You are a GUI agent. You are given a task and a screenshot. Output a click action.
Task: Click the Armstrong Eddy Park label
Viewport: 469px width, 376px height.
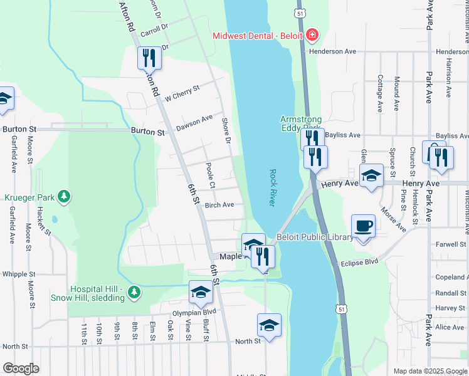[300, 123]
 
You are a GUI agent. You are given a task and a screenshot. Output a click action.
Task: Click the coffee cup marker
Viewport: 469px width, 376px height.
[363, 226]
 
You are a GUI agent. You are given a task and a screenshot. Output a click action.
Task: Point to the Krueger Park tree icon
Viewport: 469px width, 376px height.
[63, 197]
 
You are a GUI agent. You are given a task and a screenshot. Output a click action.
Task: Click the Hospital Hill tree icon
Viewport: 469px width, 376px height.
[133, 293]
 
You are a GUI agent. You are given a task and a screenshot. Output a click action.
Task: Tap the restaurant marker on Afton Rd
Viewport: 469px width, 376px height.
[149, 58]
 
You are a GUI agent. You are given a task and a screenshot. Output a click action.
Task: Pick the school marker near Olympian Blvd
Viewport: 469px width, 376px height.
[201, 292]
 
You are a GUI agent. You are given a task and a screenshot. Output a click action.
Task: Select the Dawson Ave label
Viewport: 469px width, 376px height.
[194, 122]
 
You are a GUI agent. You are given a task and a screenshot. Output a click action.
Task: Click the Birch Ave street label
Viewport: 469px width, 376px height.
[219, 205]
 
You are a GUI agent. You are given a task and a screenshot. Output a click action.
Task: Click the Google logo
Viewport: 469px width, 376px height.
[21, 368]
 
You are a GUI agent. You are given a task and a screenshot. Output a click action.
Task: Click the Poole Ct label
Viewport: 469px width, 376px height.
[210, 175]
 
